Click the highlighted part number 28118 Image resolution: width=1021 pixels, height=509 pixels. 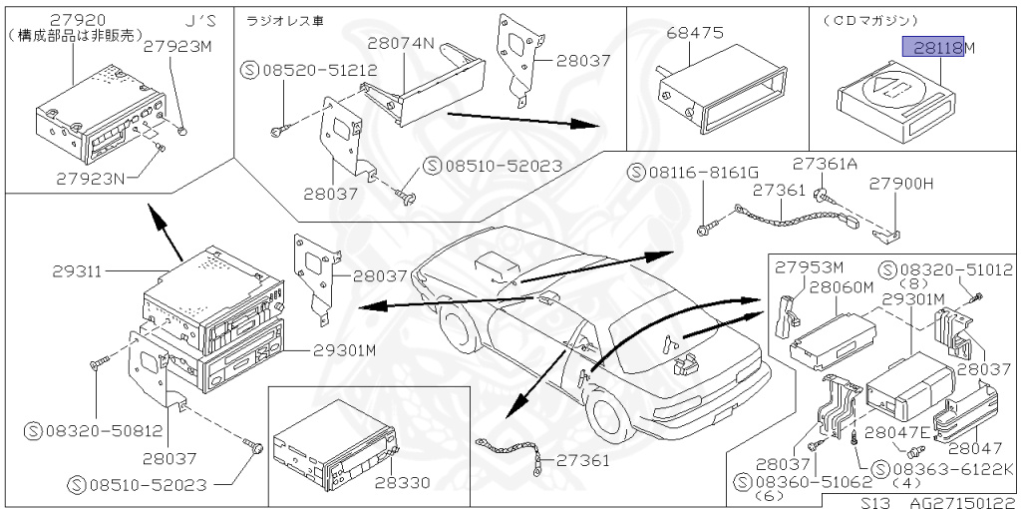click(x=933, y=47)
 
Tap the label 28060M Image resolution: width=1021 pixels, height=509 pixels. click(x=841, y=287)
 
